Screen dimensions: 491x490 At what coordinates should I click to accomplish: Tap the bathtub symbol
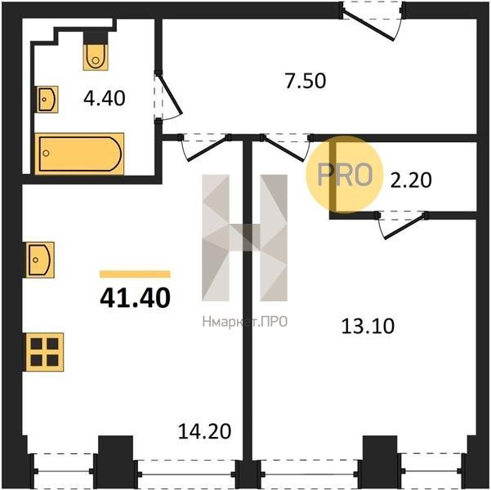pyautogui.click(x=79, y=154)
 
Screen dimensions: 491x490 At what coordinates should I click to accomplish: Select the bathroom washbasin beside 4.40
pyautogui.click(x=47, y=100)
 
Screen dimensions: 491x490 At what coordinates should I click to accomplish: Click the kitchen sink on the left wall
pyautogui.click(x=40, y=260)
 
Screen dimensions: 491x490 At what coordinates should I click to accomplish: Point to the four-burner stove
pyautogui.click(x=45, y=352)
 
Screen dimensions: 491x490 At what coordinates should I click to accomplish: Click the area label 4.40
pyautogui.click(x=105, y=98)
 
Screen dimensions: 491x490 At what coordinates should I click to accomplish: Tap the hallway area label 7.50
pyautogui.click(x=306, y=81)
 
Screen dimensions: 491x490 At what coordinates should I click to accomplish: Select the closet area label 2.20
pyautogui.click(x=411, y=180)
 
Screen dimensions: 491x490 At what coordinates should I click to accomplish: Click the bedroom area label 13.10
pyautogui.click(x=368, y=326)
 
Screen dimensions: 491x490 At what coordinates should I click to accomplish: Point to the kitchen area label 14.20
pyautogui.click(x=204, y=431)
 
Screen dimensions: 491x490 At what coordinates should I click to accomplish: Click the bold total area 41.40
pyautogui.click(x=135, y=297)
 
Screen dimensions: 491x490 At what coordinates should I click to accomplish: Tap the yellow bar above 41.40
pyautogui.click(x=135, y=274)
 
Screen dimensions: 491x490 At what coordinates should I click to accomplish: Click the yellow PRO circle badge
pyautogui.click(x=345, y=175)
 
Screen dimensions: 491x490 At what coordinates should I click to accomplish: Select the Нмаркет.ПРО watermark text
pyautogui.click(x=245, y=322)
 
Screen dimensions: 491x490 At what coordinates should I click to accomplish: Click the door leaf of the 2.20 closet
pyautogui.click(x=405, y=226)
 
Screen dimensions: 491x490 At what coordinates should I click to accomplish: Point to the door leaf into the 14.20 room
pyautogui.click(x=208, y=149)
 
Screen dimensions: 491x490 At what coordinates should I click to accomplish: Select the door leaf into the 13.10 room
pyautogui.click(x=283, y=149)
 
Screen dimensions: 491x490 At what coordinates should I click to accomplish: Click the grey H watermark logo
pyautogui.click(x=244, y=238)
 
